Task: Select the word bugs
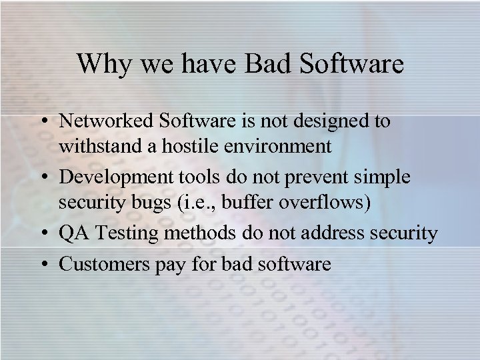point(151,201)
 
